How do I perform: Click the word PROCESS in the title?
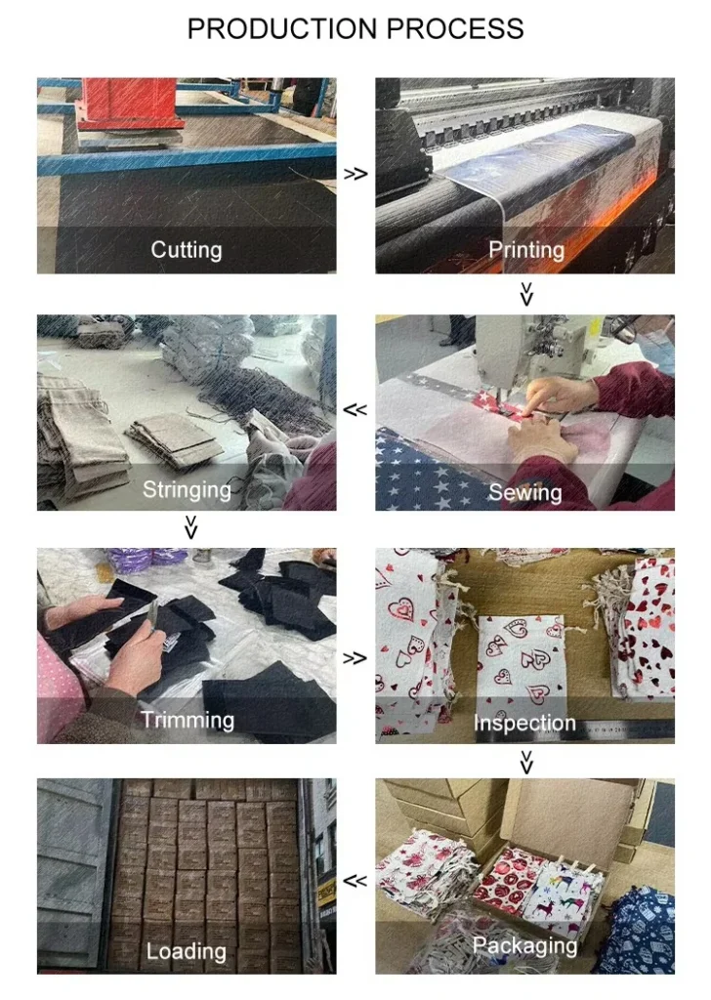click(455, 29)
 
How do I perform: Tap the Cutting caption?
click(187, 250)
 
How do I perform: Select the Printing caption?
click(526, 250)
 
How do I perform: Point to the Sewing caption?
click(524, 492)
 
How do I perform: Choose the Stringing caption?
click(187, 490)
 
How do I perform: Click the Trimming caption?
click(188, 720)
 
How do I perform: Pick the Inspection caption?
click(524, 723)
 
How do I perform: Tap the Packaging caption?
click(524, 945)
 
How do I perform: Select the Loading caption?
click(187, 951)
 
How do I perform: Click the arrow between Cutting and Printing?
click(355, 174)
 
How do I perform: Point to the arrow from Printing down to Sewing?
click(526, 294)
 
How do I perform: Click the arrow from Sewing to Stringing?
click(355, 409)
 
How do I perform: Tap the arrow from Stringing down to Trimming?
click(190, 527)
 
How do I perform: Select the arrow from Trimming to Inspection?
click(355, 657)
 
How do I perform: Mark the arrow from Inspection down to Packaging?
click(526, 762)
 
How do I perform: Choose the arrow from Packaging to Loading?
click(355, 881)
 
